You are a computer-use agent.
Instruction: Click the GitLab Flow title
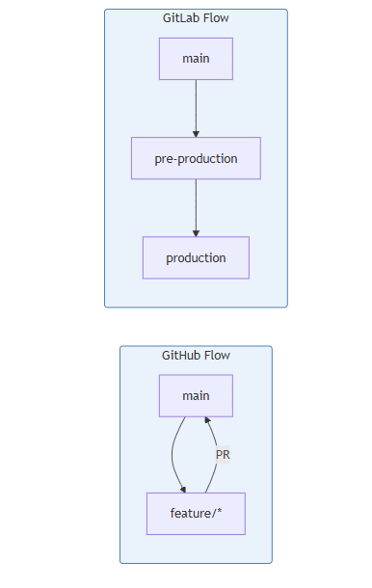click(196, 18)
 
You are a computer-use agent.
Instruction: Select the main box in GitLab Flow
click(196, 59)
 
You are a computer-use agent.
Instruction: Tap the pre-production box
click(196, 158)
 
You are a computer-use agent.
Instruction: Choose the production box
click(196, 257)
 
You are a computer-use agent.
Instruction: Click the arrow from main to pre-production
click(196, 108)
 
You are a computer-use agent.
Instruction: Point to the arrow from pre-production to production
click(196, 208)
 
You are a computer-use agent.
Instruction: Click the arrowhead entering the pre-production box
click(196, 134)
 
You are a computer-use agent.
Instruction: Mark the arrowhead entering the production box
click(196, 233)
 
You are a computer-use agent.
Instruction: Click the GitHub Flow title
click(196, 355)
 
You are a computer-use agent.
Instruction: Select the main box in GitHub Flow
click(196, 395)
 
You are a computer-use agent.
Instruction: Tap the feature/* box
click(196, 514)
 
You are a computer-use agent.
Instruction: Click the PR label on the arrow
click(223, 455)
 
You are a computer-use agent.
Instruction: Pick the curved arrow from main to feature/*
click(173, 455)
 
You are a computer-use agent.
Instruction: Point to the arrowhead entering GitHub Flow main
click(207, 420)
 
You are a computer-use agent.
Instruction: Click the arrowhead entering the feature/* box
click(183, 490)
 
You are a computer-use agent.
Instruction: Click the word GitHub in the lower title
click(177, 355)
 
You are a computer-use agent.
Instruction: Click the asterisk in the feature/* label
click(220, 510)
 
